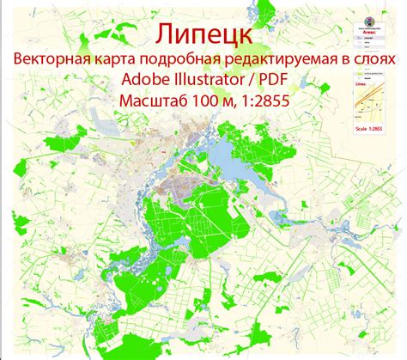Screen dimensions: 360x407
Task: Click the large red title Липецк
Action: pyautogui.click(x=203, y=34)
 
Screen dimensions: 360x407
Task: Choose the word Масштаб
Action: pyautogui.click(x=151, y=104)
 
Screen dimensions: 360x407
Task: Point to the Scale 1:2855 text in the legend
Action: pyautogui.click(x=372, y=128)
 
